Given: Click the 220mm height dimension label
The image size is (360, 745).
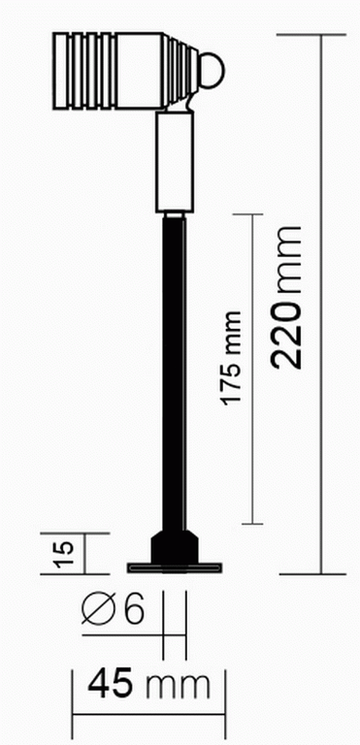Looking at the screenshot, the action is point(286,297).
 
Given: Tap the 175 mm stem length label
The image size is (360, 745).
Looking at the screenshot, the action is point(232,358).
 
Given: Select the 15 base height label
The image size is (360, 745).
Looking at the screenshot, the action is point(64,554).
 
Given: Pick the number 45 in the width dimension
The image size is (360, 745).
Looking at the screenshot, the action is point(111,684).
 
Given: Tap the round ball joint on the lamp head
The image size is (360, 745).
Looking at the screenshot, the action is point(213,71).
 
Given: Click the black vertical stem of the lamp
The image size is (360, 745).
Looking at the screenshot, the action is point(174,372).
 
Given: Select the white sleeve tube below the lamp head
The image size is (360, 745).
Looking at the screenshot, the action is point(175,162).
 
